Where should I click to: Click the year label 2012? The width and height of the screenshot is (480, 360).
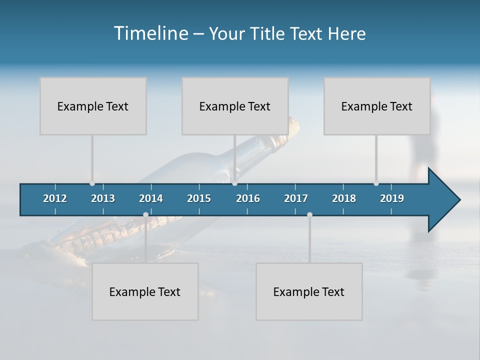(55, 198)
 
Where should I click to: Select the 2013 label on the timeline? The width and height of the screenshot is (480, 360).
(103, 198)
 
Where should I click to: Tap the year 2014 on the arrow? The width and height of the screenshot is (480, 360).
(151, 198)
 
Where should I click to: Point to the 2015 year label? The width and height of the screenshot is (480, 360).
(199, 198)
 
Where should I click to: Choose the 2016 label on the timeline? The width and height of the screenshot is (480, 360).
(248, 198)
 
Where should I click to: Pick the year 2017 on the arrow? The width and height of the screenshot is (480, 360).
(296, 198)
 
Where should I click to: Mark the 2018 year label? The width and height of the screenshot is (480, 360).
(344, 198)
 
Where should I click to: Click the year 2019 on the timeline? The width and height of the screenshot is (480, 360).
(392, 198)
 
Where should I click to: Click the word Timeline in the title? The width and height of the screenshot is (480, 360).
(150, 33)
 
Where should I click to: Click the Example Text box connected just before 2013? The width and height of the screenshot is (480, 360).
(93, 106)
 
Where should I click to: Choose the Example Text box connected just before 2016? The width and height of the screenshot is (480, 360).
(235, 106)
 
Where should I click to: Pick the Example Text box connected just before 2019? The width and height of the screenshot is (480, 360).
(377, 106)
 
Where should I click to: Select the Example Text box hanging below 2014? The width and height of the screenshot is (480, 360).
(145, 291)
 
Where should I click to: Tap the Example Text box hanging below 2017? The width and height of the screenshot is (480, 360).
(309, 291)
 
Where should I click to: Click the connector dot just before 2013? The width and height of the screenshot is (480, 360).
(92, 183)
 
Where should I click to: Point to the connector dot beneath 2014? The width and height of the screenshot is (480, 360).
(145, 214)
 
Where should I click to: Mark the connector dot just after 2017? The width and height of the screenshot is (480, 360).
(309, 214)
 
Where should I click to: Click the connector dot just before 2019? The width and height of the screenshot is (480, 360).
(376, 183)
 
